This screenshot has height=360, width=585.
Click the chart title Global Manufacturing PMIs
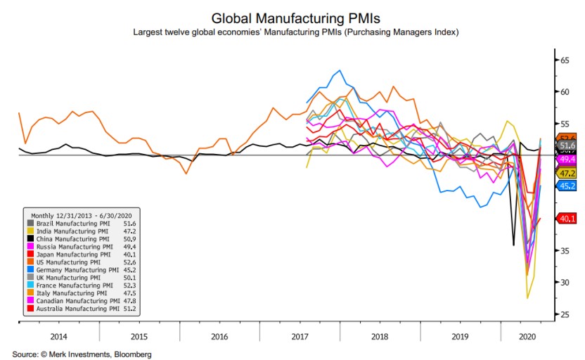[x=292, y=18]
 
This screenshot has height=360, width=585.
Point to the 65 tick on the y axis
[x=564, y=60]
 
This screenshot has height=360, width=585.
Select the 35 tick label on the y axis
[x=564, y=250]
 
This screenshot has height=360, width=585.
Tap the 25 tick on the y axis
[x=564, y=314]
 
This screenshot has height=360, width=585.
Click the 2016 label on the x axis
[x=220, y=337]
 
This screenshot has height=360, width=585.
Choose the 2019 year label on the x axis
[x=461, y=337]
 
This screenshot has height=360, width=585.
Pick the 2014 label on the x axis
[x=59, y=337]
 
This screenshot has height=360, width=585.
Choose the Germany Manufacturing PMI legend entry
[x=75, y=269]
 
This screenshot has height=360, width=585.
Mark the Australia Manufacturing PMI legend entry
[x=75, y=309]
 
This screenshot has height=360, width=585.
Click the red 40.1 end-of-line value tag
[x=566, y=219]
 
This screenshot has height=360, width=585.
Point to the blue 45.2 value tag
[x=566, y=186]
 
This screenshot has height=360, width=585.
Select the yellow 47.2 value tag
[x=566, y=173]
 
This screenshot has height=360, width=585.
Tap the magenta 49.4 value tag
[x=566, y=160]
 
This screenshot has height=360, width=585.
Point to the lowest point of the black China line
[x=513, y=245]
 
